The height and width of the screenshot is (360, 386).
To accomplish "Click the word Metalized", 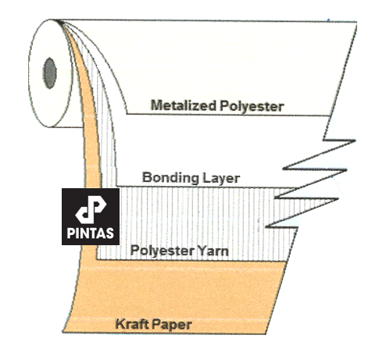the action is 184,105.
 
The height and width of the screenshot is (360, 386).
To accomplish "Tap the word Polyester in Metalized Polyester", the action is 252,106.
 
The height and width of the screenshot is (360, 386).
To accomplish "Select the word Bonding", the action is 170,178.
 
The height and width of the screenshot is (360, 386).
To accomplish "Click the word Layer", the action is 221,179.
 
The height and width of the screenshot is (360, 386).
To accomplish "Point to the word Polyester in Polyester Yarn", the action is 163,251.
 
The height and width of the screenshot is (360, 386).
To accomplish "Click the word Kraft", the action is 132,324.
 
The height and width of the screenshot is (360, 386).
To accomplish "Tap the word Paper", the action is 172,325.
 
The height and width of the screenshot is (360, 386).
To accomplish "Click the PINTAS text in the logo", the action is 91,233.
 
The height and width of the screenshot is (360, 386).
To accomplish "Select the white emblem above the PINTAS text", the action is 91,209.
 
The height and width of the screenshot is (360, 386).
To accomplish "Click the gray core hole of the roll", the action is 49,73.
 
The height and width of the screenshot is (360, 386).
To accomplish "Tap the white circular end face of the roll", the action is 50,73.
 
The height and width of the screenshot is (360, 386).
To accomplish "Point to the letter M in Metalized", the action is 156,105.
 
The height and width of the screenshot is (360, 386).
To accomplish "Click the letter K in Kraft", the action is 120,324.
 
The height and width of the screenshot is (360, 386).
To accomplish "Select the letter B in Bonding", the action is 147,177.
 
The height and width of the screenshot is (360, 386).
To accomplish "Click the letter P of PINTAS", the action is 70,233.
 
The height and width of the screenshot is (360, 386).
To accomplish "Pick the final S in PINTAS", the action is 110,233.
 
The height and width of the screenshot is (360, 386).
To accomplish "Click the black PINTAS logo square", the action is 91,216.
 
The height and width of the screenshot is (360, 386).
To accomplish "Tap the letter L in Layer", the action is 206,178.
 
